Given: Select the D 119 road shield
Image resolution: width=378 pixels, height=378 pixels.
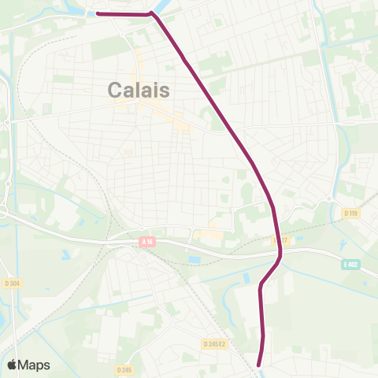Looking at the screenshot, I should [350, 212].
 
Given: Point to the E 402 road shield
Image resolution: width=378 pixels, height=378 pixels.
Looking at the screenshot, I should [350, 265].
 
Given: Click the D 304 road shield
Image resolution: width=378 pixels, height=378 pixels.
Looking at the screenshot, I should [11, 282].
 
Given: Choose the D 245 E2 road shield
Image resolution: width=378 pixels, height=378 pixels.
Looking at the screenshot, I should [215, 343].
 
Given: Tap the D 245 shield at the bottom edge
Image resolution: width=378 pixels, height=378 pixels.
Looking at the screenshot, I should [124, 369].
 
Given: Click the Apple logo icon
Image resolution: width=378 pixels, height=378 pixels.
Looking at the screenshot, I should [13, 365].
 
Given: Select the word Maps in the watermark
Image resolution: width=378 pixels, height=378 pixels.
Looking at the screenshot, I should [34, 365].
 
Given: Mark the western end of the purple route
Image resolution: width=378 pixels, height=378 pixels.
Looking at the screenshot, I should [97, 13].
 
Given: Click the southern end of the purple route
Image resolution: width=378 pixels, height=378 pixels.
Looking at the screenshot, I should [260, 365].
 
